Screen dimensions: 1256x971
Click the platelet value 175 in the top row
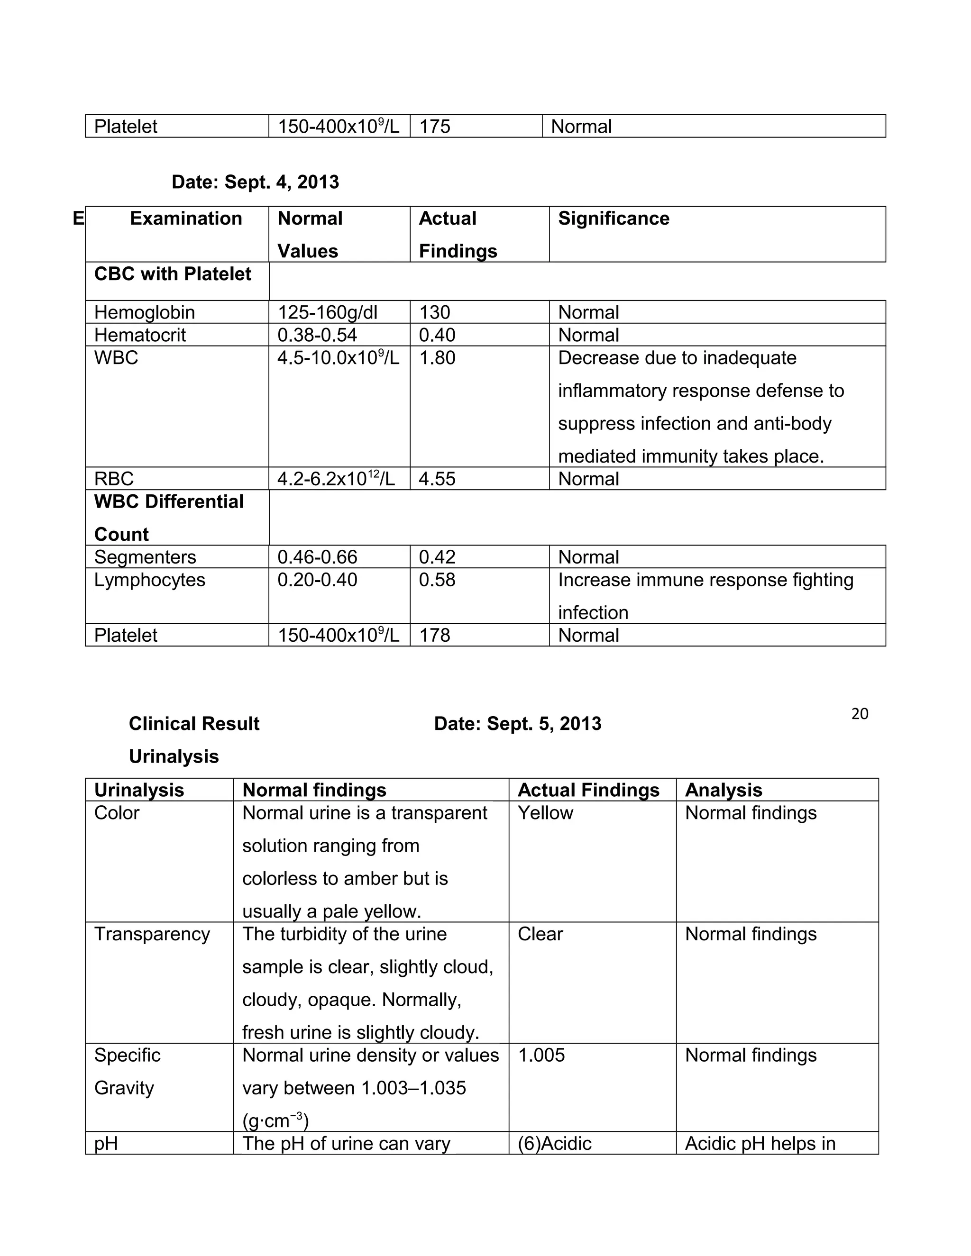(434, 127)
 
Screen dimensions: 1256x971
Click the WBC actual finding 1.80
(437, 358)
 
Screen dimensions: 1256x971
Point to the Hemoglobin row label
(145, 312)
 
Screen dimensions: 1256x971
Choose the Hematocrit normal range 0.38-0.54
(317, 335)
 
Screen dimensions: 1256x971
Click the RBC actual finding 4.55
(437, 479)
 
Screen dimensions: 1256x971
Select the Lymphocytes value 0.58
(437, 580)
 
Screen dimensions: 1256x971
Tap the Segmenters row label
(145, 557)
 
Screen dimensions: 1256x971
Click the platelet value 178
(434, 635)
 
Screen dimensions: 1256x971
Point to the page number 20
(860, 714)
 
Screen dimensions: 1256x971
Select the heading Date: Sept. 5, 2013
(517, 723)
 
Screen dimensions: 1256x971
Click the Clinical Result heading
(194, 723)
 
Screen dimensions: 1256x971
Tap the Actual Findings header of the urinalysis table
(588, 790)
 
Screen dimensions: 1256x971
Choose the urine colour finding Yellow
(545, 812)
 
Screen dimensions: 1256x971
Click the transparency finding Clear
(540, 934)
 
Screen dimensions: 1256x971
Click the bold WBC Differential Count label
(168, 518)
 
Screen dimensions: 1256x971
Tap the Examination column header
(186, 218)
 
